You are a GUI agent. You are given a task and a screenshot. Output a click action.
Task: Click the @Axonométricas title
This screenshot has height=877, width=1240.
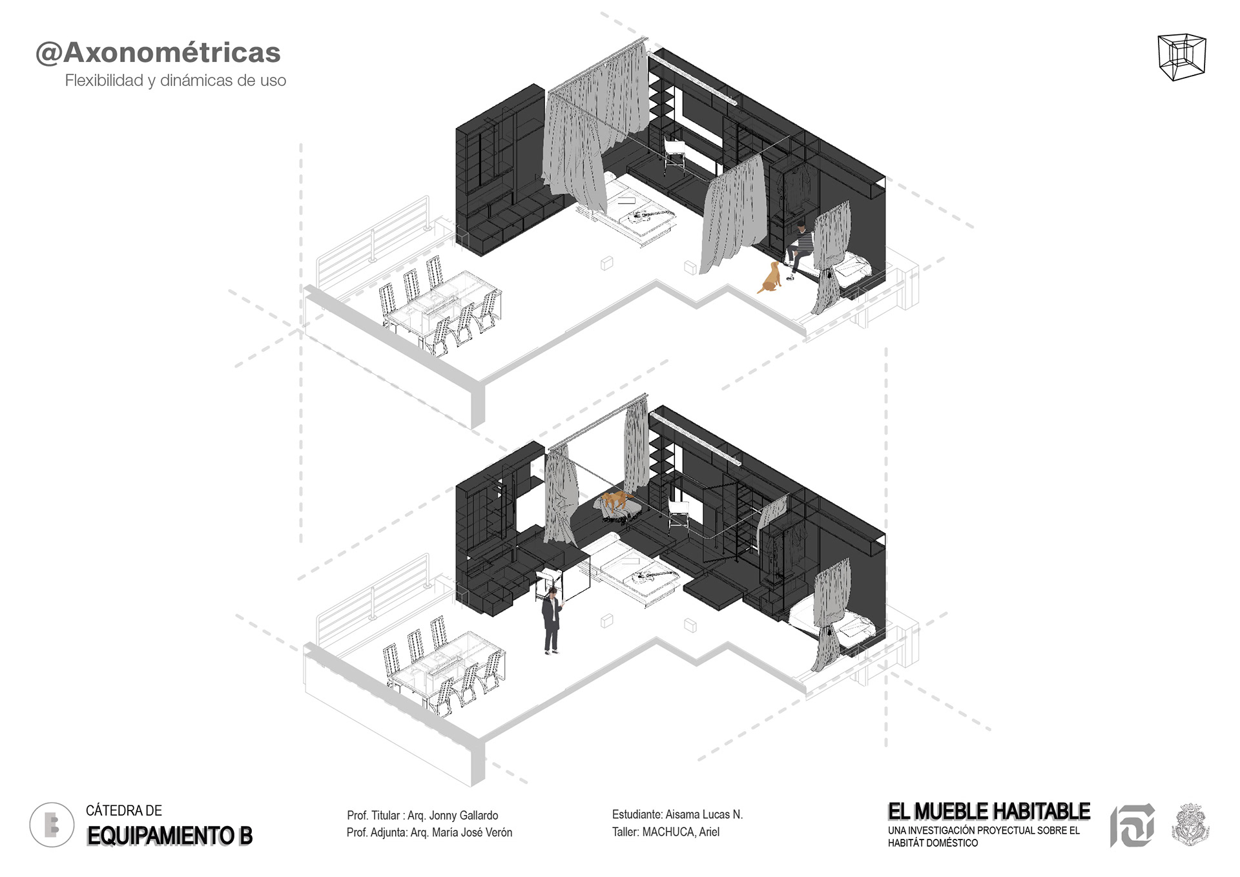coord(158,52)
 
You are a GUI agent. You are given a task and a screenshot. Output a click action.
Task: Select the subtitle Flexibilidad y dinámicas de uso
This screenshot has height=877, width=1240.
coord(175,81)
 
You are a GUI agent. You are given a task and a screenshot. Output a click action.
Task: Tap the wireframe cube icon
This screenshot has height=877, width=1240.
coord(1182,57)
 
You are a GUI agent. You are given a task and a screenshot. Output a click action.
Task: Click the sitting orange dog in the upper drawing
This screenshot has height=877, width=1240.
coord(770,278)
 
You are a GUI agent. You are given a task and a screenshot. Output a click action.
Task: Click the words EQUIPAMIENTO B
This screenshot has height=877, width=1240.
coord(170,836)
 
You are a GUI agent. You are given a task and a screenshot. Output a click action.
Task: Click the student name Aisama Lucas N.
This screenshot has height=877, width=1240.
coord(704,814)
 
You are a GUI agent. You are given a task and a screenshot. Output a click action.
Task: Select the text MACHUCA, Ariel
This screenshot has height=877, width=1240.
coord(681,832)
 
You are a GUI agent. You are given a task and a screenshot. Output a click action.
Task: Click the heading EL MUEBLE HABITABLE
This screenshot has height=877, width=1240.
coord(989,811)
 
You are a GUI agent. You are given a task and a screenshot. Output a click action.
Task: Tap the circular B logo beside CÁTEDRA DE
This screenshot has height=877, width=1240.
coord(52,825)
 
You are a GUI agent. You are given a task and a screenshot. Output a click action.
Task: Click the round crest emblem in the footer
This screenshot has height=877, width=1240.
coord(1190,825)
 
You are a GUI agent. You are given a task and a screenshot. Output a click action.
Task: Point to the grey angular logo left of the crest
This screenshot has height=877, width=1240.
coord(1132,825)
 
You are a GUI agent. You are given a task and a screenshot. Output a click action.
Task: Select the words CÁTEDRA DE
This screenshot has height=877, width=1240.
coord(124,810)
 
